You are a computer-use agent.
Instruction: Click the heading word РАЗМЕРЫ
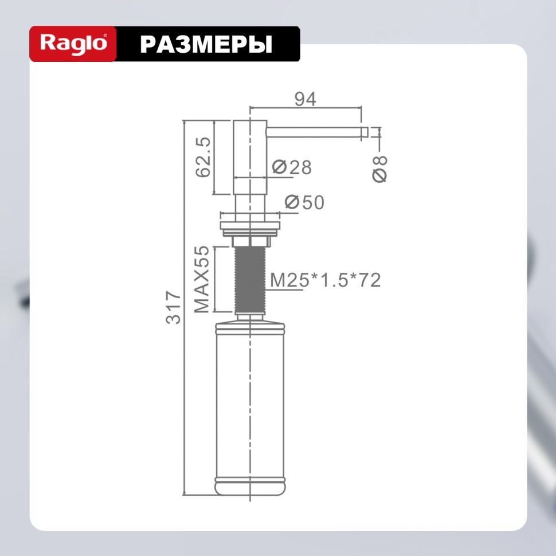click(206, 44)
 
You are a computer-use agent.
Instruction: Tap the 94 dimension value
click(305, 99)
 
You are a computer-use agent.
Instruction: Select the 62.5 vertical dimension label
click(203, 157)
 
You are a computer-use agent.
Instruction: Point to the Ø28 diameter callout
click(292, 167)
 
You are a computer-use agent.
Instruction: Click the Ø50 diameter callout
click(304, 202)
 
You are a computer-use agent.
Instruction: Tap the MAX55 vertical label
click(202, 280)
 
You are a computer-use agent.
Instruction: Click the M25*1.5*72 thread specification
click(325, 280)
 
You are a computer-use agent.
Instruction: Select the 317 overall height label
click(173, 307)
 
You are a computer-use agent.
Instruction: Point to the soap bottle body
click(250, 401)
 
